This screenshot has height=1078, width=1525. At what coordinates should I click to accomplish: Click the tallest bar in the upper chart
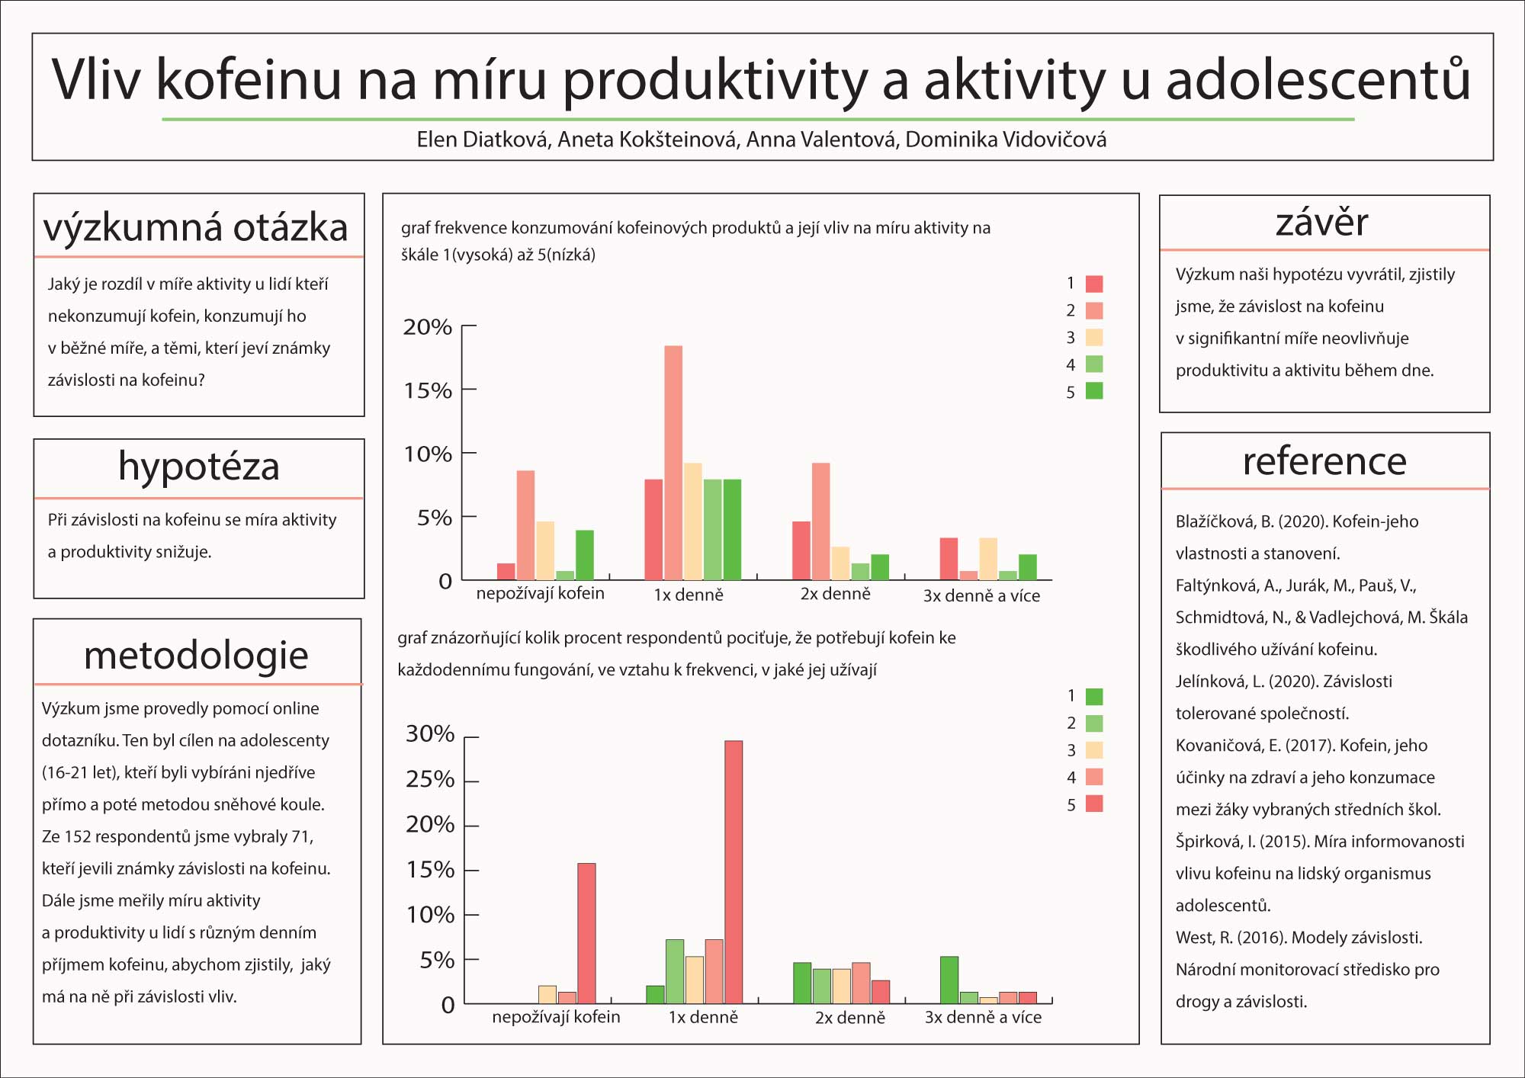pos(673,463)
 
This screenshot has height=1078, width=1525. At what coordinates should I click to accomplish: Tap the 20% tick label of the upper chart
pos(428,327)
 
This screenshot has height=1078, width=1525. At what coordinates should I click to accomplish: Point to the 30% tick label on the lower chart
pos(430,733)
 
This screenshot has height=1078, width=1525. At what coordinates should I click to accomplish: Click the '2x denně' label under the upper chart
pos(835,594)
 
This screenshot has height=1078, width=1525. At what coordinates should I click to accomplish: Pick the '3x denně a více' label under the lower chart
pos(983,1017)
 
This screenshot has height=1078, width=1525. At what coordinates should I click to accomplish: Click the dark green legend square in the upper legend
pos(1094,391)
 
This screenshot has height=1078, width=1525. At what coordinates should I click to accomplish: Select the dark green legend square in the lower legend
pos(1094,696)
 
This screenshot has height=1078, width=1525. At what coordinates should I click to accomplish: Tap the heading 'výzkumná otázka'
pos(196,227)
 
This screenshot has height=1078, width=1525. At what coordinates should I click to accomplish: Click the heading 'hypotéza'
pos(199,466)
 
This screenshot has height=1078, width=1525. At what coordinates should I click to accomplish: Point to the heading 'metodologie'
pos(196,655)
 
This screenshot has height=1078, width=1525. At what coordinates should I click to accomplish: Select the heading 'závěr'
pos(1322,222)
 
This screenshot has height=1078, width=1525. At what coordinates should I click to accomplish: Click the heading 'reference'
pos(1324,461)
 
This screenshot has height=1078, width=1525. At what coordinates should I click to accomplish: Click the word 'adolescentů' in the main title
pos(1318,79)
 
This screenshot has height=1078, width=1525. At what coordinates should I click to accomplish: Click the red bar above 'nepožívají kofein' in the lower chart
pos(586,933)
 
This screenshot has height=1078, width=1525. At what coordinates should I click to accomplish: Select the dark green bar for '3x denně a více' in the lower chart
pos(949,980)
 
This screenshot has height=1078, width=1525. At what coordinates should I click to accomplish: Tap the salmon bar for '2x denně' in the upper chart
pos(821,521)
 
